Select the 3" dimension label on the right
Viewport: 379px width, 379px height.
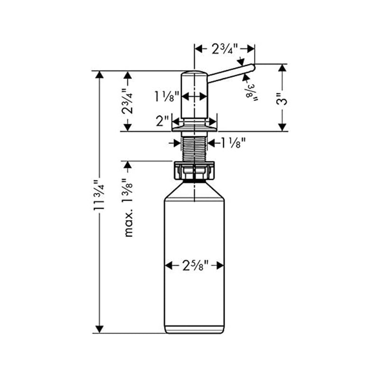pos(282,100)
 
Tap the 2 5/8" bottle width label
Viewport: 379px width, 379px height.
pos(194,266)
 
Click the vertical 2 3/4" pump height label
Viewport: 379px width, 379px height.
pos(127,101)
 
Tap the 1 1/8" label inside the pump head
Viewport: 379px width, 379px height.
pos(166,97)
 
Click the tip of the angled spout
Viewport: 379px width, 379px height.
pos(253,67)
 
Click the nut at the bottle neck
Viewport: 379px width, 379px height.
pos(194,171)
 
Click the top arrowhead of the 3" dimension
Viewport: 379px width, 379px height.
pos(282,68)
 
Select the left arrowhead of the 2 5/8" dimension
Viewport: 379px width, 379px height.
pos(168,266)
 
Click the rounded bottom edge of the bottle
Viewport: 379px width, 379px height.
pos(194,331)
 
